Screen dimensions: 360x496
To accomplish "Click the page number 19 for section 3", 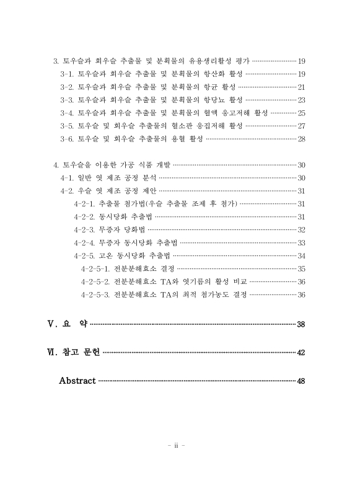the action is [302, 61].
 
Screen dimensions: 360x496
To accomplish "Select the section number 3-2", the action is [68, 87].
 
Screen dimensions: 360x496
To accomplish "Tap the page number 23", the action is [302, 100].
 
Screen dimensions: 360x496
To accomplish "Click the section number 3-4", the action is [68, 113].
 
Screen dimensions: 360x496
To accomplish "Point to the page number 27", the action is [302, 126].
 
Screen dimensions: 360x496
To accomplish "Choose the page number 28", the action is [302, 139].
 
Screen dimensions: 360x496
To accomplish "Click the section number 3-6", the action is [68, 139].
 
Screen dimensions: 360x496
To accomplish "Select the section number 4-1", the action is [67, 178].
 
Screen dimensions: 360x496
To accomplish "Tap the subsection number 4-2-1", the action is [84, 204].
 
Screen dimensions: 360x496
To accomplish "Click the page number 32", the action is [302, 229].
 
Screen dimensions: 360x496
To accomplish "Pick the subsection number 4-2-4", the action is [84, 242].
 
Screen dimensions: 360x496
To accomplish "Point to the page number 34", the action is [302, 255].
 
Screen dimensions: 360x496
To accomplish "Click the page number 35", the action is [302, 268].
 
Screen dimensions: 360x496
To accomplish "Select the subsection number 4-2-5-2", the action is [95, 281].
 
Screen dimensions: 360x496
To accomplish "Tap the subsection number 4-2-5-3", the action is [95, 294].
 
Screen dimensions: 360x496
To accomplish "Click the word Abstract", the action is [77, 380].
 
